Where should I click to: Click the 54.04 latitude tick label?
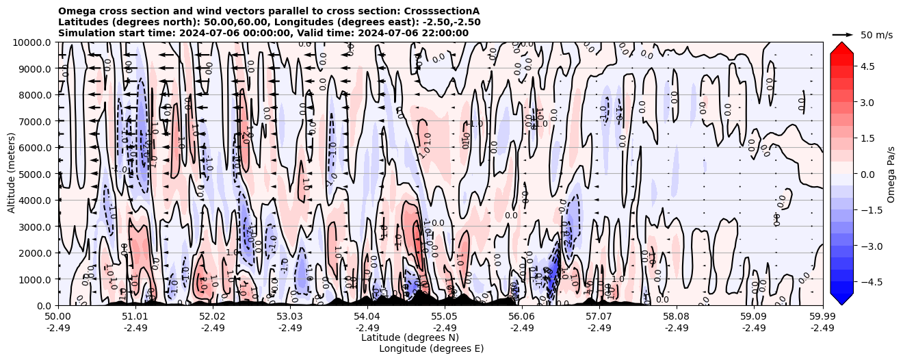pyautogui.click(x=367, y=317)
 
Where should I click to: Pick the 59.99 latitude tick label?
pyautogui.click(x=822, y=317)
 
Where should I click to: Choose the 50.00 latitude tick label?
pyautogui.click(x=58, y=317)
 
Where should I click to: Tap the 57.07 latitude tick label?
pyautogui.click(x=599, y=317)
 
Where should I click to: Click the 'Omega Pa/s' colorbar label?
pyautogui.click(x=891, y=174)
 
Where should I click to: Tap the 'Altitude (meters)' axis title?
pyautogui.click(x=12, y=174)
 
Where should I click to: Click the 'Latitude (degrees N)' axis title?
pyautogui.click(x=410, y=337)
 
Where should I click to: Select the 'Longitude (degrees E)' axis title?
pyautogui.click(x=431, y=348)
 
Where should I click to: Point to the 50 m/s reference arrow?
pyautogui.click(x=843, y=34)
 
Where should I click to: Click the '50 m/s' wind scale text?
pyautogui.click(x=876, y=35)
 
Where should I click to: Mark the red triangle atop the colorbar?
pyautogui.click(x=841, y=47)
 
